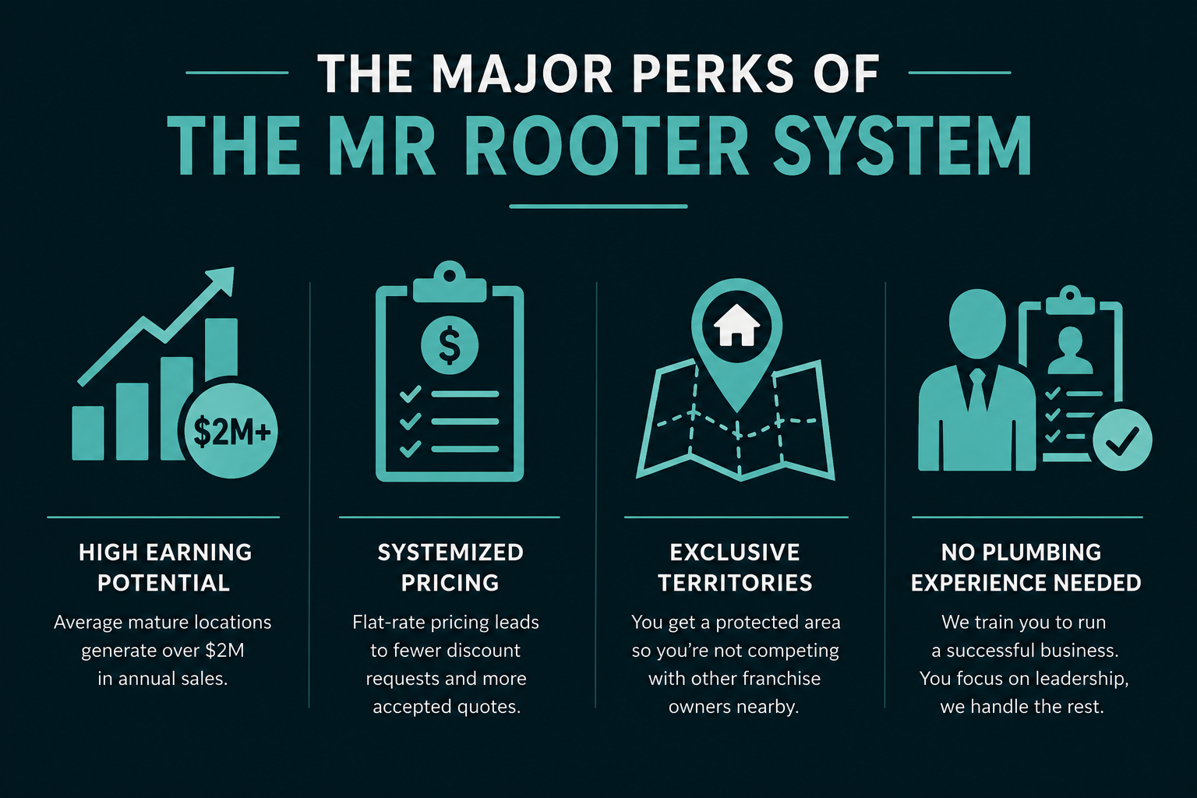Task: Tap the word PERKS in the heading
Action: coord(713,74)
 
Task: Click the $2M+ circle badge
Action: coord(231,431)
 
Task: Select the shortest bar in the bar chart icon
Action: coord(87,433)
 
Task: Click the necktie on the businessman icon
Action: coord(977,391)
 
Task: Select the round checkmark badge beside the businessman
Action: coord(1122,440)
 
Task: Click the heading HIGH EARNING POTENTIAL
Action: coord(164,567)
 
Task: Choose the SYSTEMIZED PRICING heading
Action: coord(450,567)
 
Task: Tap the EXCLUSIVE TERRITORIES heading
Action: coord(736,567)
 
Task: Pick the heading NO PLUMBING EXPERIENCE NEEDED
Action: coord(1026,567)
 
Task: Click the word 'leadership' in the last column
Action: coord(1082,679)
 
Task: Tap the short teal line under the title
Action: coord(598,207)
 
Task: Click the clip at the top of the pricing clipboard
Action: coord(450,281)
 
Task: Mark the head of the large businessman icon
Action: coord(976,323)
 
